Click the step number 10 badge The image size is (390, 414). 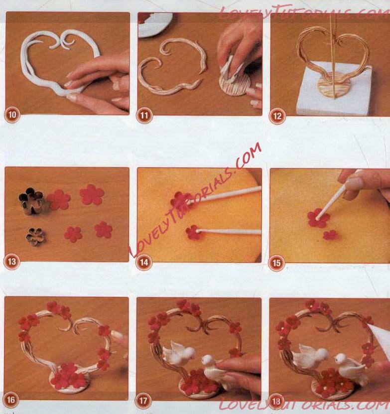pyautogui.click(x=12, y=115)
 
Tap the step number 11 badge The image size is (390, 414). pyautogui.click(x=144, y=116)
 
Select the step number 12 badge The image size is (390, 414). pyautogui.click(x=277, y=116)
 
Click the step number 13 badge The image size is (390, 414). pyautogui.click(x=11, y=262)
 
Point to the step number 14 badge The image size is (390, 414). pyautogui.click(x=143, y=263)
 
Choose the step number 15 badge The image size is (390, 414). pyautogui.click(x=276, y=263)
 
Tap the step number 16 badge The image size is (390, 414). pyautogui.click(x=10, y=400)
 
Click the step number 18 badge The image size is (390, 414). pyautogui.click(x=276, y=402)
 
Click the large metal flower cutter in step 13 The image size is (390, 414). pyautogui.click(x=30, y=201)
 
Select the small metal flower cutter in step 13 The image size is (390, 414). pyautogui.click(x=36, y=237)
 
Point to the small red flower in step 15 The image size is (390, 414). pyautogui.click(x=330, y=235)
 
